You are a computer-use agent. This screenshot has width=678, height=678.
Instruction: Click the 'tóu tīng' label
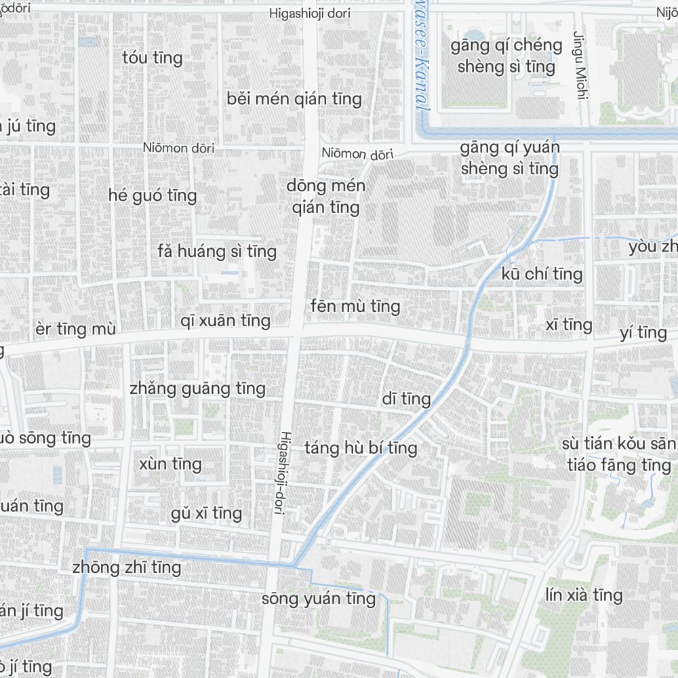click(153, 58)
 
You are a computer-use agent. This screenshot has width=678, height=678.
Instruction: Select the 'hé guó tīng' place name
click(153, 196)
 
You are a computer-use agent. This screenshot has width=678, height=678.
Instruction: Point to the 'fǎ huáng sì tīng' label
click(217, 252)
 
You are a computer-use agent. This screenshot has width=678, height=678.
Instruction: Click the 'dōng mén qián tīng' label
click(325, 197)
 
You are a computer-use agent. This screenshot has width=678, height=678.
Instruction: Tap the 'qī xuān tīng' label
click(226, 321)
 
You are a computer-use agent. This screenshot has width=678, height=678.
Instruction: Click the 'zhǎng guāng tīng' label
click(197, 388)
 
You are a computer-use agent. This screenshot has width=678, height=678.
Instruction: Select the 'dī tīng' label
click(406, 399)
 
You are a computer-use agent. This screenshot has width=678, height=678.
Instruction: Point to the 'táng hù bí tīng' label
click(361, 448)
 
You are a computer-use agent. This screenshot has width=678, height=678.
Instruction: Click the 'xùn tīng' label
click(170, 464)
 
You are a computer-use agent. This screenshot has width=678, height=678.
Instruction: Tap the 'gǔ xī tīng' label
click(206, 513)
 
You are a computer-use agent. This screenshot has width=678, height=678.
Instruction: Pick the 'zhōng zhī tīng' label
click(127, 567)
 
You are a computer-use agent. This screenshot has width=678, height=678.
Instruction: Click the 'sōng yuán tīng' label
click(319, 599)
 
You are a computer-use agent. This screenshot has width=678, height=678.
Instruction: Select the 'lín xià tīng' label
click(584, 595)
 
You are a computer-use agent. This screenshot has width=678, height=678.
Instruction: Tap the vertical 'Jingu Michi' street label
click(579, 64)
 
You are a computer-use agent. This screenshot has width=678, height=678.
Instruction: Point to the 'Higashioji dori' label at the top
click(314, 13)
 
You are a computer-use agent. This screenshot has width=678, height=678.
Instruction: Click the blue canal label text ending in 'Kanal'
click(421, 68)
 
